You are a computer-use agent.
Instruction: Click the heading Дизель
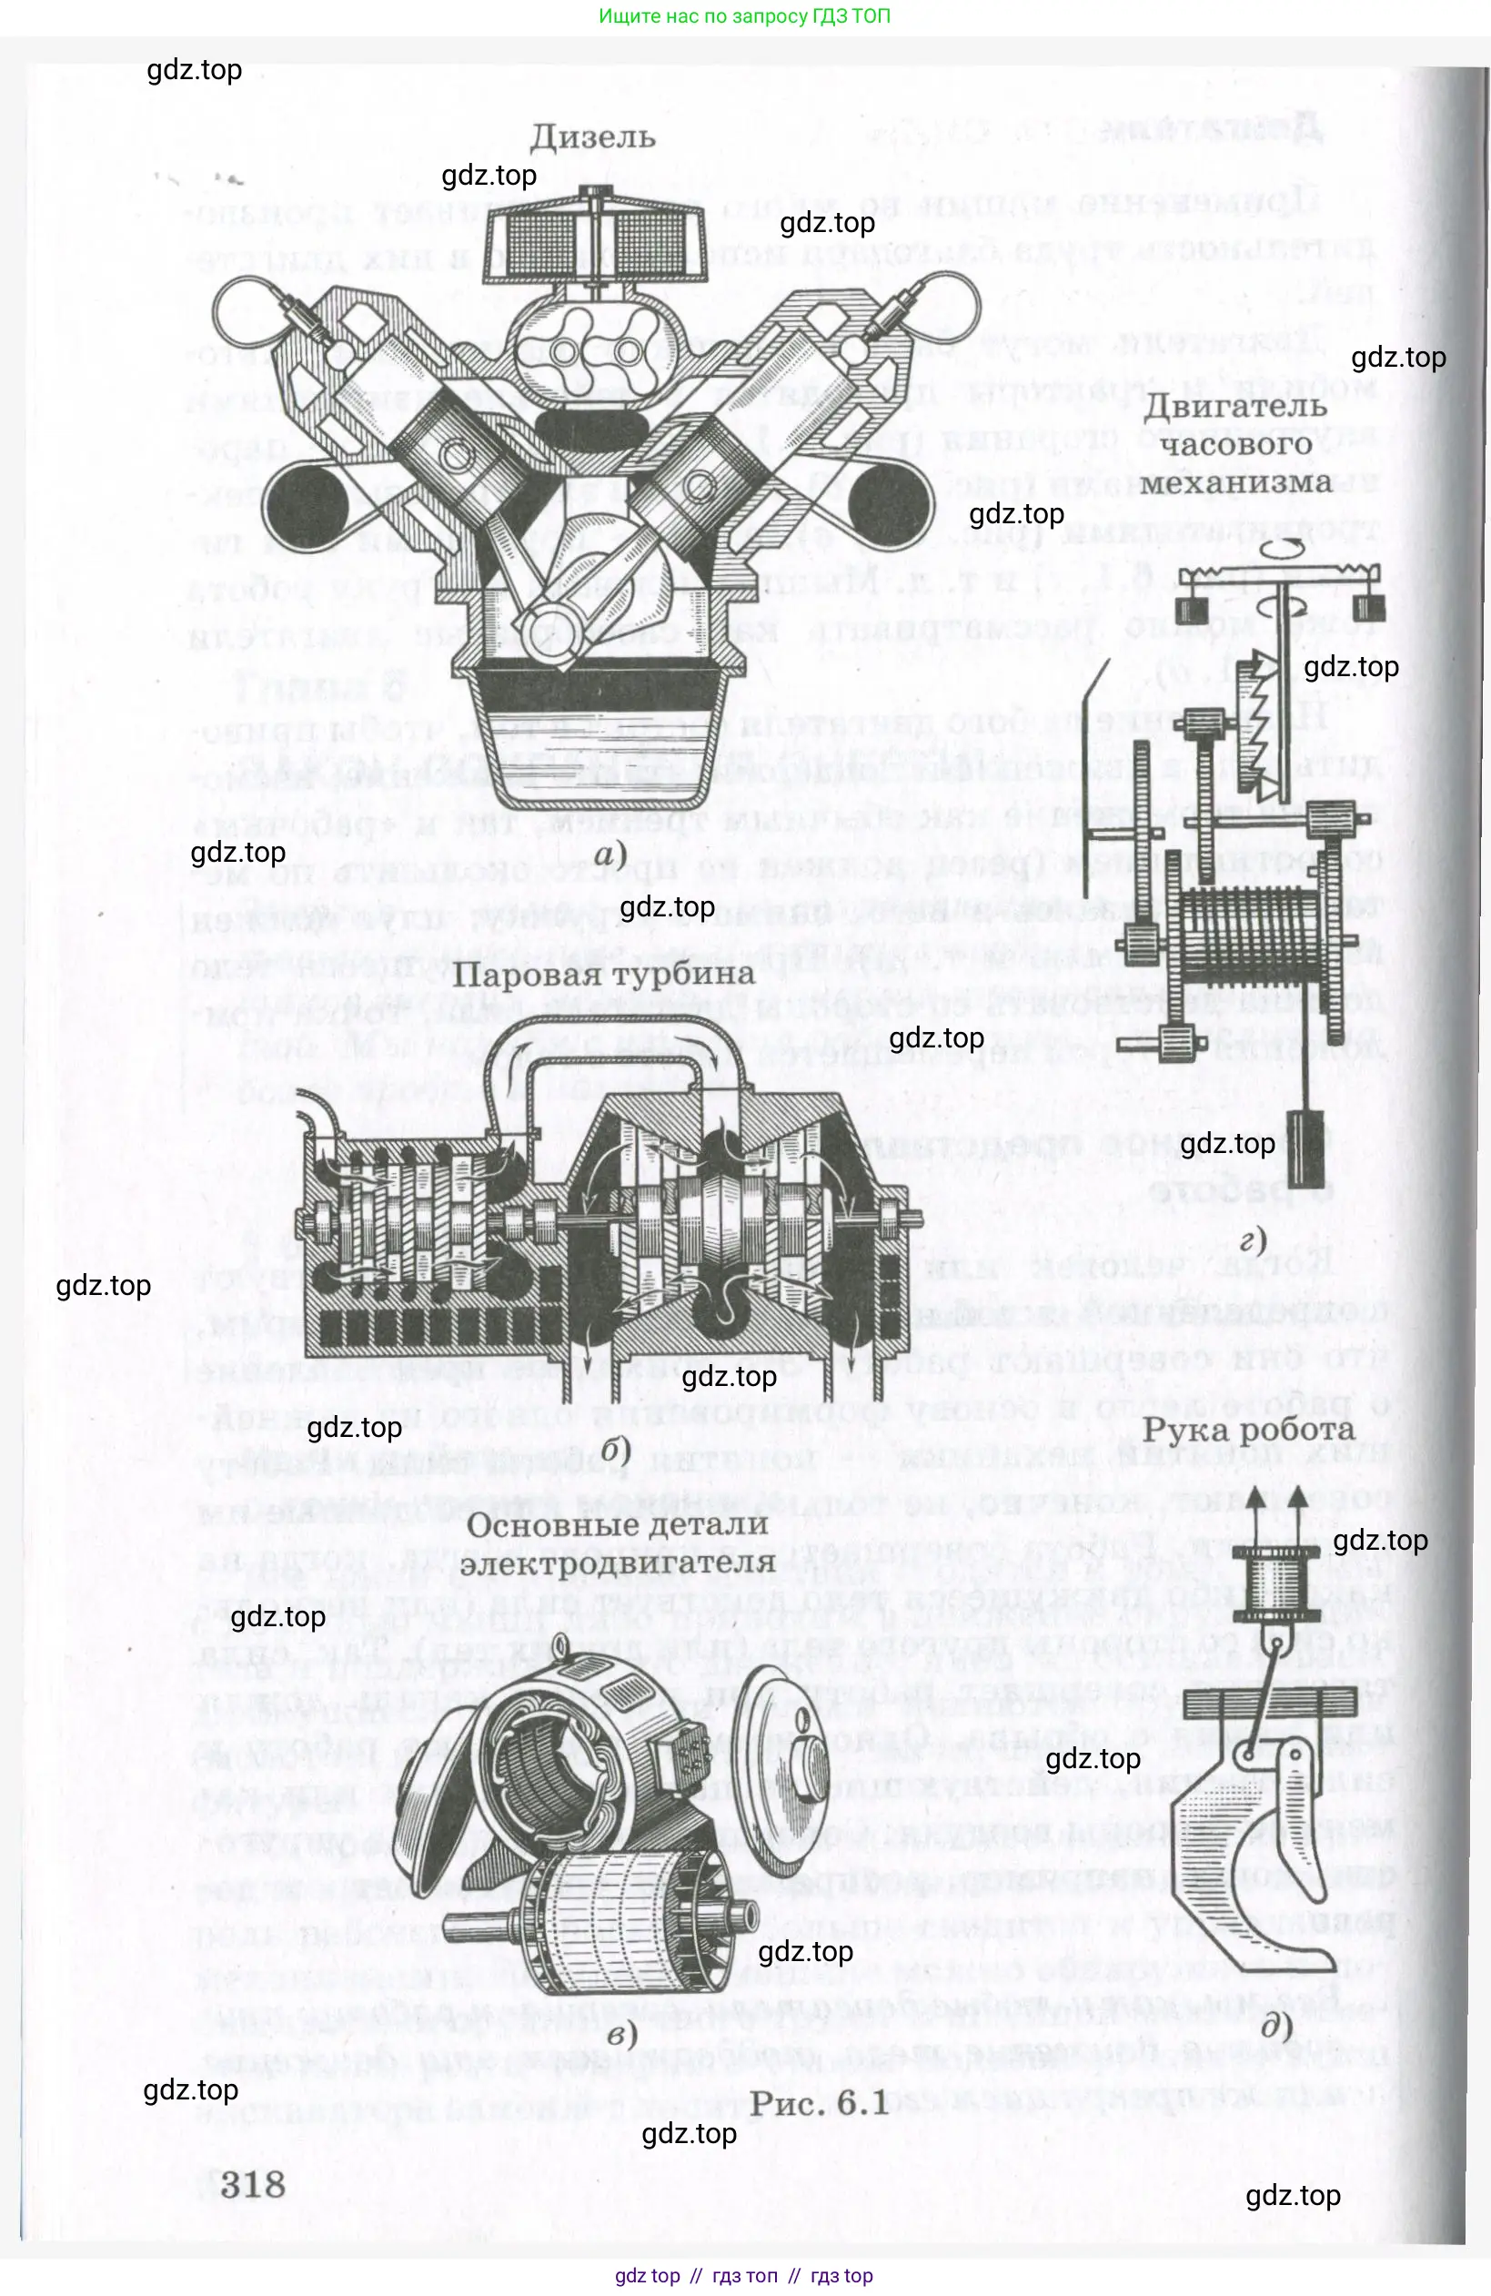[x=592, y=137]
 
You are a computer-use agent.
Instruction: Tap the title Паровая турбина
[x=603, y=974]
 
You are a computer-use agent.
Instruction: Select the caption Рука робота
[x=1248, y=1430]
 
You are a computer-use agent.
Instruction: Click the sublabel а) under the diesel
[x=610, y=854]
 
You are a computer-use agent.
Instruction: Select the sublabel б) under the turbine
[x=614, y=1450]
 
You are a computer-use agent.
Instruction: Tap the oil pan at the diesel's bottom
[x=599, y=738]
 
